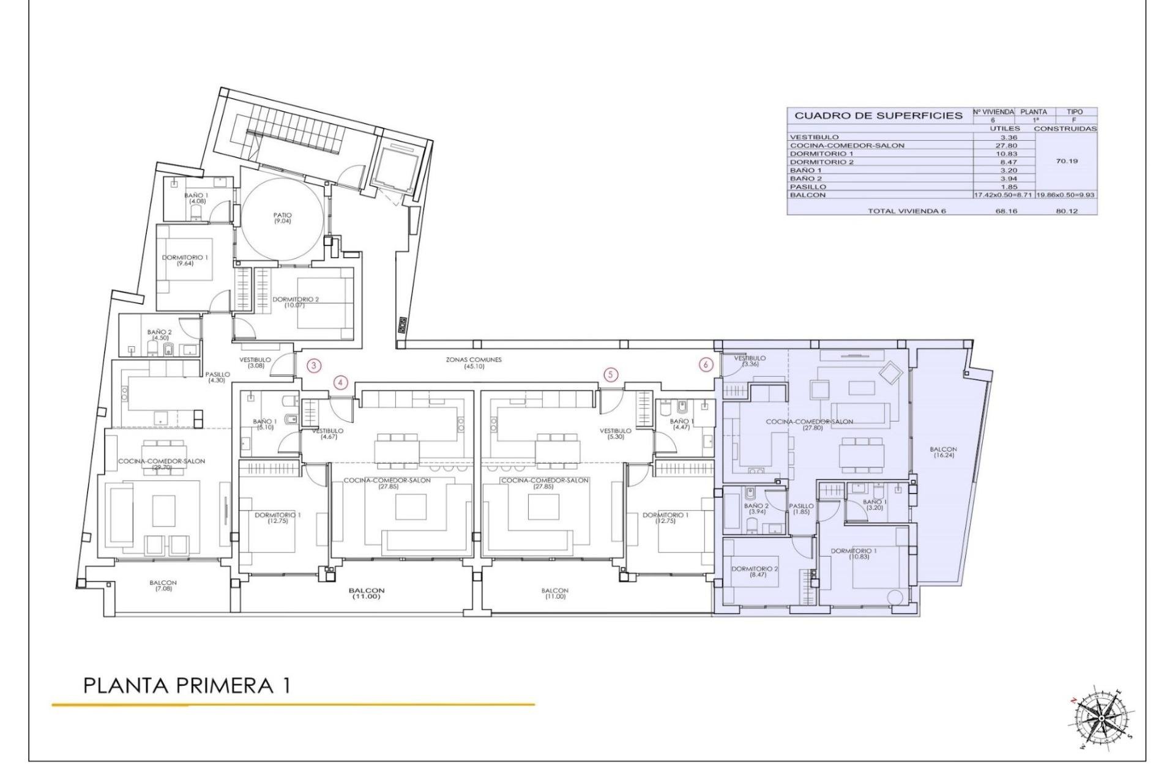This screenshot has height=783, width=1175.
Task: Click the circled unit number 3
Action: click(x=314, y=366)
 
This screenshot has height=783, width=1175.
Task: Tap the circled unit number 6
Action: click(x=706, y=364)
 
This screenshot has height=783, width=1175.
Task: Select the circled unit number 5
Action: click(x=610, y=374)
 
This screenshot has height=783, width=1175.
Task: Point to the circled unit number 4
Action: click(x=341, y=383)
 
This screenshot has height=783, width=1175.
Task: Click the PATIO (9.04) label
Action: click(x=283, y=218)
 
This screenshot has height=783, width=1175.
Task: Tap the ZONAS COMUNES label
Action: click(x=473, y=363)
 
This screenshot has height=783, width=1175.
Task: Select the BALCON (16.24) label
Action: click(x=942, y=452)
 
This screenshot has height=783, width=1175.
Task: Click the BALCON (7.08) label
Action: click(x=163, y=585)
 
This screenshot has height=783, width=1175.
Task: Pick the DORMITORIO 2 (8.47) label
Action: click(x=755, y=571)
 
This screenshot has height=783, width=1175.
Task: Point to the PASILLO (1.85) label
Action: click(x=801, y=508)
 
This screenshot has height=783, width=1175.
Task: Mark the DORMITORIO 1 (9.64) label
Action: click(x=185, y=261)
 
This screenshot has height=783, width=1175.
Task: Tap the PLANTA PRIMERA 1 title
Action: click(x=187, y=686)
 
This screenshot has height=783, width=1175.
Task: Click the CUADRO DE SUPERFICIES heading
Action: click(x=878, y=116)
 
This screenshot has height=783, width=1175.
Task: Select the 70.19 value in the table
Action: click(x=1067, y=161)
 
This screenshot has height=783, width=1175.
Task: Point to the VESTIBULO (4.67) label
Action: click(x=327, y=433)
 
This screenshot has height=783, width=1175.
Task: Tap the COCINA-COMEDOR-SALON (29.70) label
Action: click(x=162, y=464)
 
